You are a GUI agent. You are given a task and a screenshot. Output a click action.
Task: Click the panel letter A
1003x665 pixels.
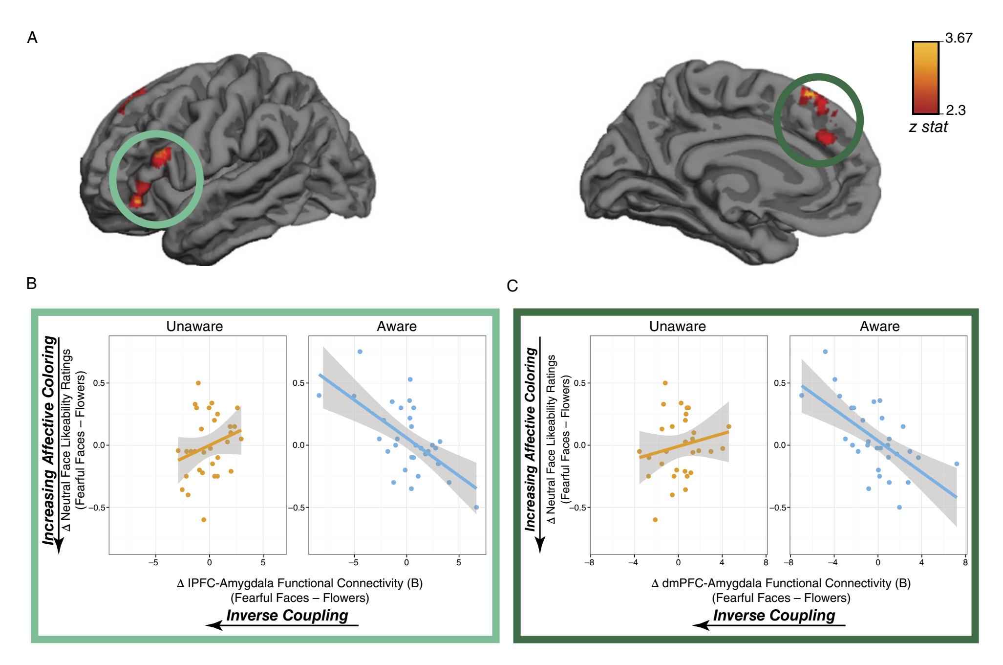pyautogui.click(x=32, y=38)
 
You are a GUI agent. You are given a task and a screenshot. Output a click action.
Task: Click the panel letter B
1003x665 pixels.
pyautogui.click(x=32, y=283)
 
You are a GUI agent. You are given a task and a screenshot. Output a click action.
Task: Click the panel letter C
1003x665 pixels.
pyautogui.click(x=512, y=286)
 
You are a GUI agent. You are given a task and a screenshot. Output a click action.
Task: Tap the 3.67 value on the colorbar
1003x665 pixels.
pyautogui.click(x=959, y=38)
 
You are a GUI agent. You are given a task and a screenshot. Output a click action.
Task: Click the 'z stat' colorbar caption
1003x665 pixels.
pyautogui.click(x=928, y=127)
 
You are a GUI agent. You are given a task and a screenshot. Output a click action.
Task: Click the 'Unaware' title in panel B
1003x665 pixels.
pyautogui.click(x=194, y=327)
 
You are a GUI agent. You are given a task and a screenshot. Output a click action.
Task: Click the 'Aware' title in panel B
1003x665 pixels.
pyautogui.click(x=397, y=327)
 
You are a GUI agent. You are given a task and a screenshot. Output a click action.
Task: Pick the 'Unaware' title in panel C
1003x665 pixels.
pyautogui.click(x=677, y=327)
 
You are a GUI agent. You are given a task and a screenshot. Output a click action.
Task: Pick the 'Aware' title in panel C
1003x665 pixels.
pyautogui.click(x=879, y=327)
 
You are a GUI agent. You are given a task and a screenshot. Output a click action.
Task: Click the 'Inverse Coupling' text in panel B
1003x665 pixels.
pyautogui.click(x=287, y=615)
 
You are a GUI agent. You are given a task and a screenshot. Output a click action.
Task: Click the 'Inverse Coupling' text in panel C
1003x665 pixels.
pyautogui.click(x=774, y=615)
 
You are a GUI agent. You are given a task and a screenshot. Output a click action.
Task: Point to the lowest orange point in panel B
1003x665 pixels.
pyautogui.click(x=204, y=520)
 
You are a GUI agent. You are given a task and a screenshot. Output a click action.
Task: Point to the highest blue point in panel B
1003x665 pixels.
pyautogui.click(x=360, y=352)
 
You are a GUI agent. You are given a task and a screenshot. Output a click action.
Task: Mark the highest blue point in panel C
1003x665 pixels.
pyautogui.click(x=825, y=352)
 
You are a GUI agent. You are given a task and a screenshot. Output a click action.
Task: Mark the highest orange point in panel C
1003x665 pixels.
pyautogui.click(x=665, y=383)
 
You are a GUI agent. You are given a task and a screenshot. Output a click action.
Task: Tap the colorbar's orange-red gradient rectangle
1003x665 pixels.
pyautogui.click(x=925, y=77)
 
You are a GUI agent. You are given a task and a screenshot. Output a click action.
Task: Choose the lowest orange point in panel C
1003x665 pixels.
pyautogui.click(x=655, y=520)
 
